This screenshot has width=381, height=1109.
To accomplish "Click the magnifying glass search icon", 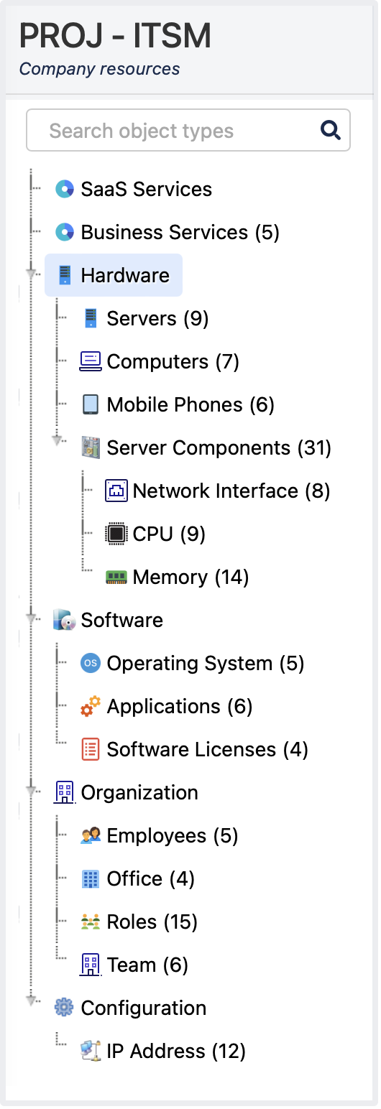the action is pyautogui.click(x=330, y=130).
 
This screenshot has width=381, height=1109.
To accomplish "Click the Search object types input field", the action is pyautogui.click(x=188, y=130).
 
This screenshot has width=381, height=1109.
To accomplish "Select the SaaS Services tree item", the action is pyautogui.click(x=146, y=189).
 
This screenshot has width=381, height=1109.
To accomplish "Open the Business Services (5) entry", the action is pyautogui.click(x=180, y=232).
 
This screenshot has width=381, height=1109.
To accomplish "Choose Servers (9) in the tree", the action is pyautogui.click(x=157, y=318).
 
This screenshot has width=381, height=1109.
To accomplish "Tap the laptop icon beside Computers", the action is pyautogui.click(x=91, y=361).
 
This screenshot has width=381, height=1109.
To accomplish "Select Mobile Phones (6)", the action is pyautogui.click(x=190, y=404).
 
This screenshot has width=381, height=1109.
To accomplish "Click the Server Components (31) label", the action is pyautogui.click(x=219, y=447).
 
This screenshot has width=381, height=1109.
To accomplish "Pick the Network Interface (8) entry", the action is pyautogui.click(x=231, y=491).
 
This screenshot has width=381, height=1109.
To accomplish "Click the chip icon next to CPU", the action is pyautogui.click(x=116, y=534).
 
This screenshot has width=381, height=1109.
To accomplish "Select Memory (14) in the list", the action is pyautogui.click(x=190, y=577).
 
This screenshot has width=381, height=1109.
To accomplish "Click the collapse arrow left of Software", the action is pyautogui.click(x=32, y=619).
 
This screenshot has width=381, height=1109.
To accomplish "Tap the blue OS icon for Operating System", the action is pyautogui.click(x=91, y=663).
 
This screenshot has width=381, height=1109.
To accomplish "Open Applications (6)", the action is pyautogui.click(x=179, y=706).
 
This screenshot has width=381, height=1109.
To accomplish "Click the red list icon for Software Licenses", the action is pyautogui.click(x=91, y=749).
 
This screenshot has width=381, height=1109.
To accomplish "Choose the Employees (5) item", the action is pyautogui.click(x=173, y=836).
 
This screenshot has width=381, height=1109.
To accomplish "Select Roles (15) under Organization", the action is pyautogui.click(x=152, y=922).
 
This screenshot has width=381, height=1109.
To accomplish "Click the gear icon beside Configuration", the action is pyautogui.click(x=64, y=1008).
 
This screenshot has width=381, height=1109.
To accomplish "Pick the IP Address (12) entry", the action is pyautogui.click(x=176, y=1051).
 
